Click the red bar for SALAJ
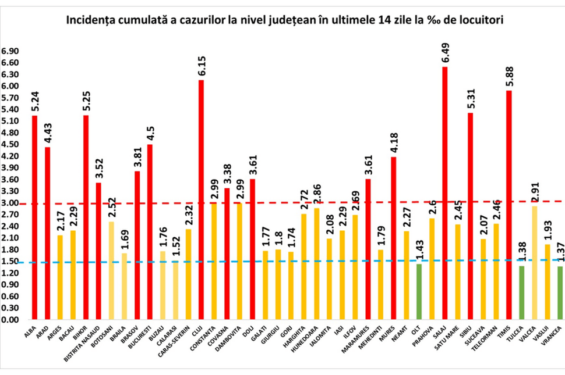445,193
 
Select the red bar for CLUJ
202,199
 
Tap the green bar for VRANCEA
560,292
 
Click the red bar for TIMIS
509,205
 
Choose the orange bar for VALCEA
534,263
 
